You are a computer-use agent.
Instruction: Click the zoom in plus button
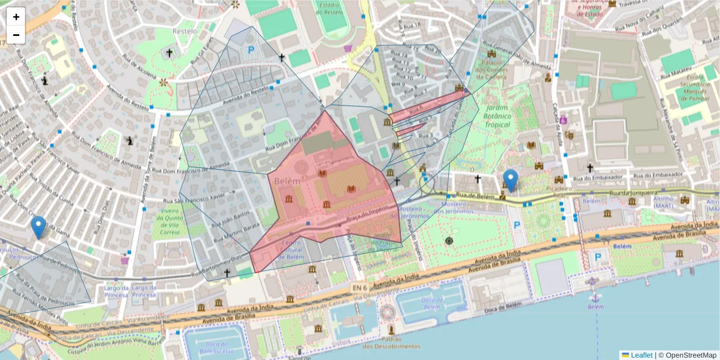coord(16,17)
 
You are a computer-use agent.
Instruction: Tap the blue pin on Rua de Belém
coord(511,179)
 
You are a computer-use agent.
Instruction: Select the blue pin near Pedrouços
coord(39,227)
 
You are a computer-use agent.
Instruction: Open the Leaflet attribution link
coord(641,355)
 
